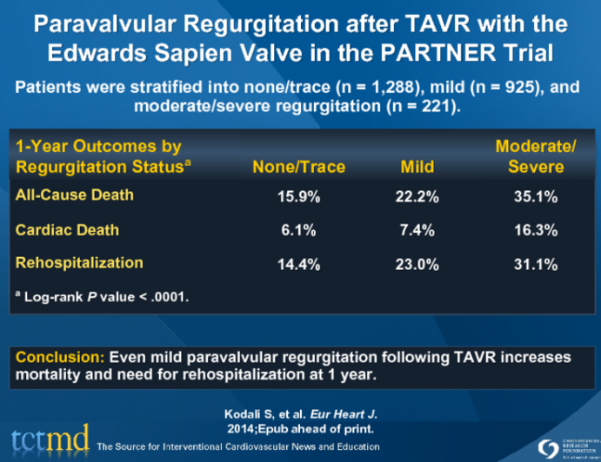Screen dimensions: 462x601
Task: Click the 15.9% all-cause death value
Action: [x=299, y=197]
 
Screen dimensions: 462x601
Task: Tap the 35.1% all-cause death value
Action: [x=536, y=197]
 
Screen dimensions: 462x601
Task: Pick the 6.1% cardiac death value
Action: [x=299, y=231]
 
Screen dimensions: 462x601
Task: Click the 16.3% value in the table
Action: [x=536, y=231]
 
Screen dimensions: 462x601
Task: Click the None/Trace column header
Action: [x=298, y=166]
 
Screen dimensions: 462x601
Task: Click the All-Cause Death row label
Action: [x=75, y=195]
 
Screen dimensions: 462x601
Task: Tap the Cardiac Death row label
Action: [x=67, y=230]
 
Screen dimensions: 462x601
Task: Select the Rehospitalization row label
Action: [x=79, y=262]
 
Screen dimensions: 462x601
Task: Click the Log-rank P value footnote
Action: [x=102, y=296]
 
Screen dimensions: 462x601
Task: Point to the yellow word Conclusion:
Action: [x=57, y=356]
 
